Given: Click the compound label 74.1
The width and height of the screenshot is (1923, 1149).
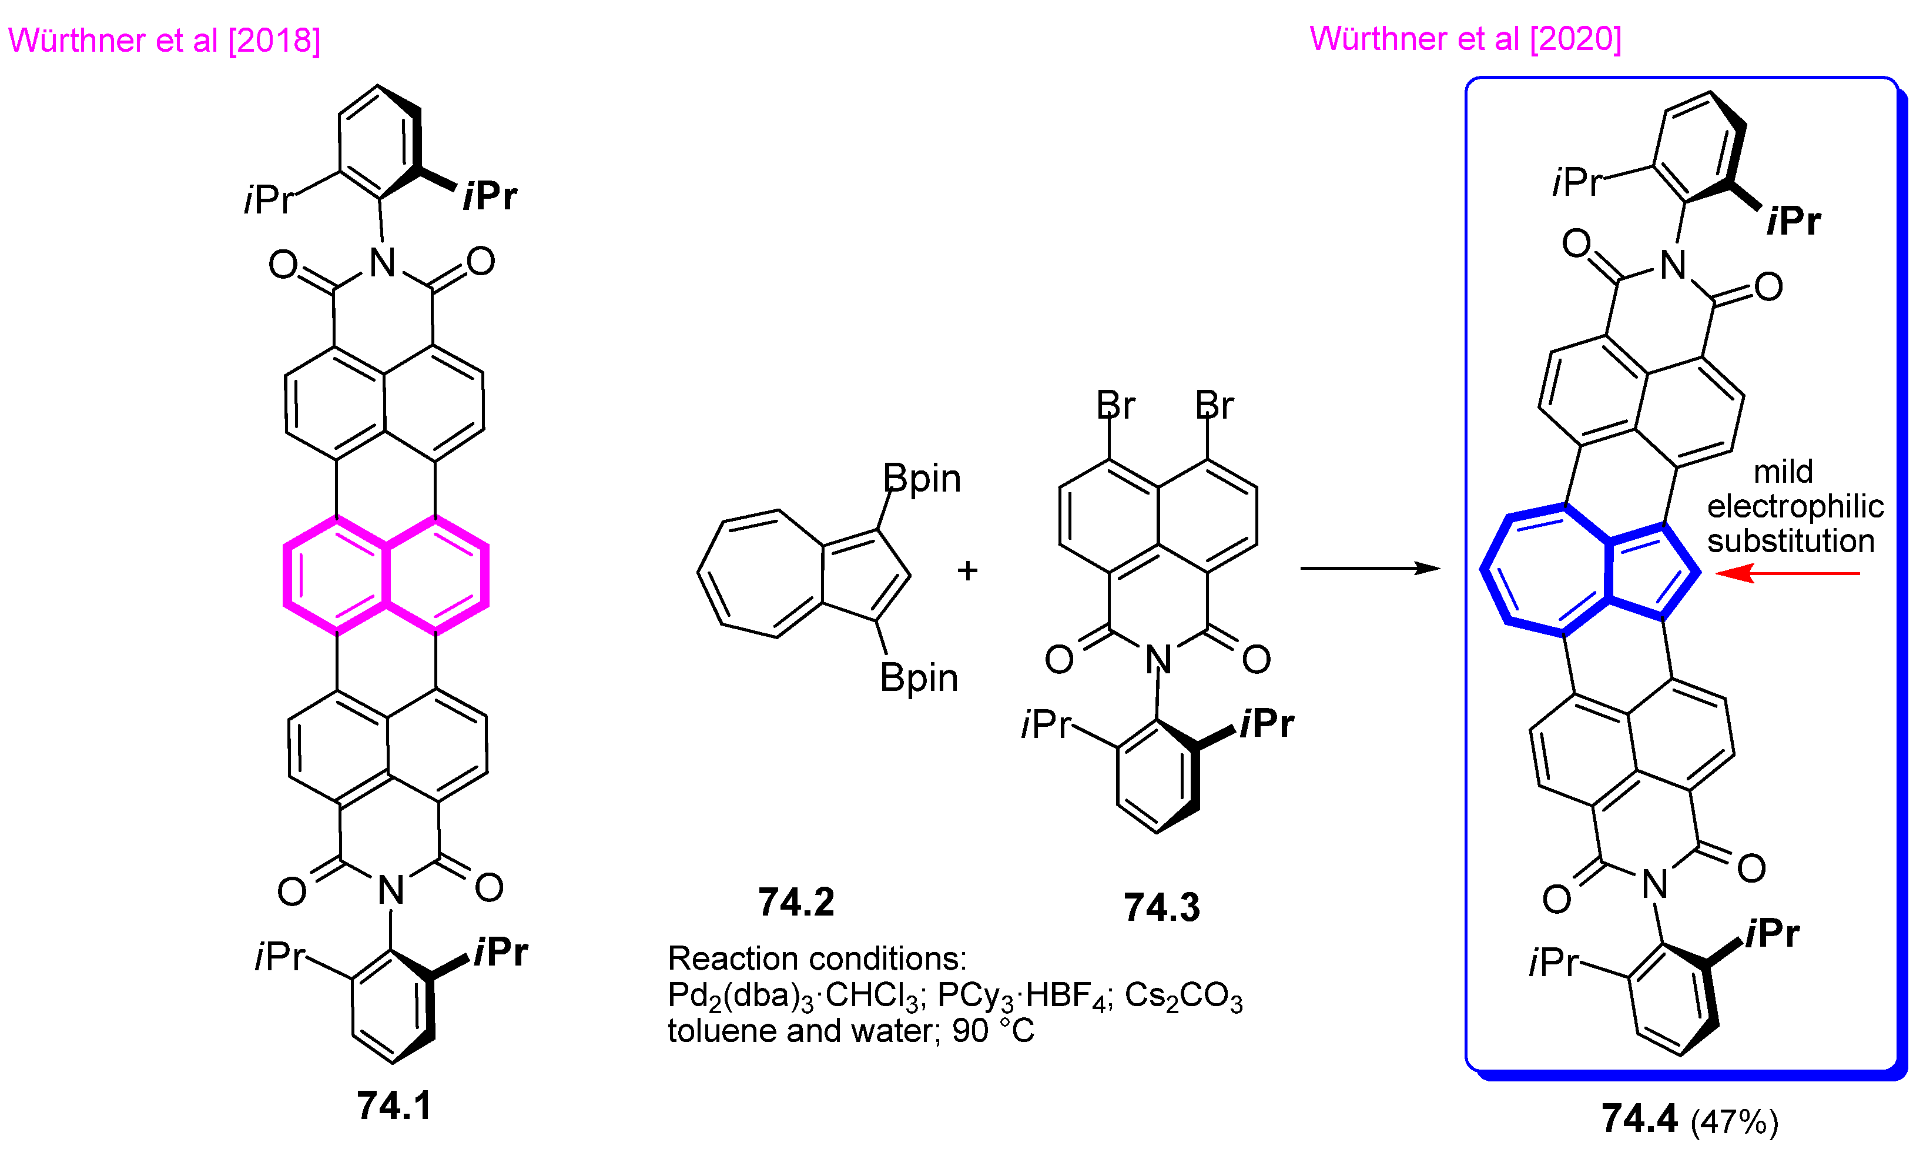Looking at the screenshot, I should (394, 1105).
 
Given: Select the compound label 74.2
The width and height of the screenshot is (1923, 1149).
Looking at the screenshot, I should (796, 902).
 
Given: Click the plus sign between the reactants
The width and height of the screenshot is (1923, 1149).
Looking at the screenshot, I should (967, 570).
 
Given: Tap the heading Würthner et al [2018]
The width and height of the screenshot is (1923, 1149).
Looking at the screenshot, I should (164, 40).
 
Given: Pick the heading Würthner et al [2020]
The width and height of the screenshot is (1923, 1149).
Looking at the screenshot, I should (1465, 39).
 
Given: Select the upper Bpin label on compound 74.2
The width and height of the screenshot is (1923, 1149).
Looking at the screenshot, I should (922, 479).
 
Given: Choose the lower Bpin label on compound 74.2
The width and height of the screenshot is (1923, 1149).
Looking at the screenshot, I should (919, 678).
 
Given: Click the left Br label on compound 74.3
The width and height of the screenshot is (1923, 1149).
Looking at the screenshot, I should (1115, 405).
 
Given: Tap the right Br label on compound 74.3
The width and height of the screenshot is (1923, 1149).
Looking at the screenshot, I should (1214, 405).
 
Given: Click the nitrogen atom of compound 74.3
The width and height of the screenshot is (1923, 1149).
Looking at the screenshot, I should (1158, 660).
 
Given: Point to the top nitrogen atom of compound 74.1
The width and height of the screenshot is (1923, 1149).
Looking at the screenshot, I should (382, 263).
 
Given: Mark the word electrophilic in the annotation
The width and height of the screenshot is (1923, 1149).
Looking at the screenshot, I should (1795, 506).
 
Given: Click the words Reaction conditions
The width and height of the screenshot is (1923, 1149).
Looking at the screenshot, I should (816, 958).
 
